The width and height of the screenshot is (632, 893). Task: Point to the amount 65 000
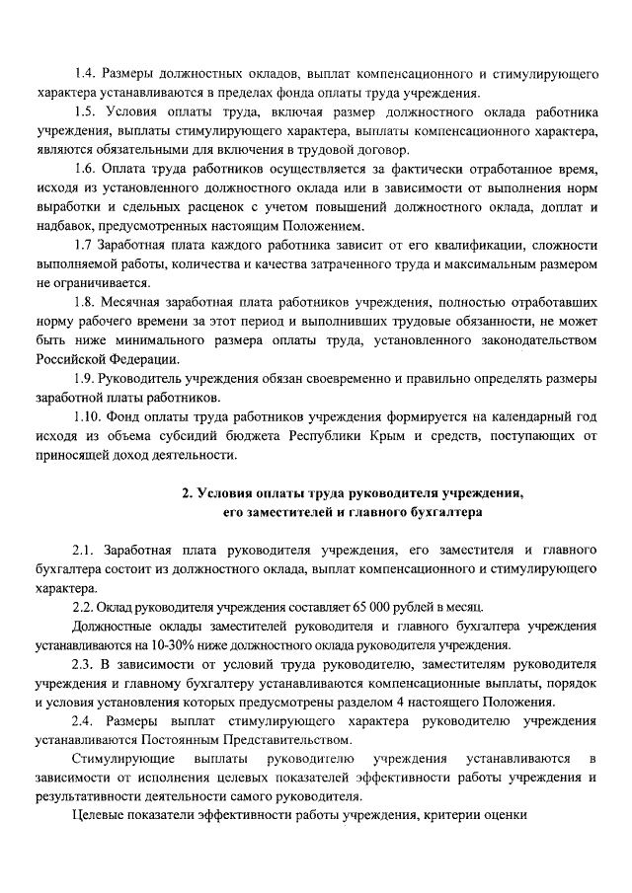pos(371,608)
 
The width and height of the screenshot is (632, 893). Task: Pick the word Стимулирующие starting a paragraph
pos(120,760)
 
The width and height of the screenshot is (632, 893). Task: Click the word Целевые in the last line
pos(98,817)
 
